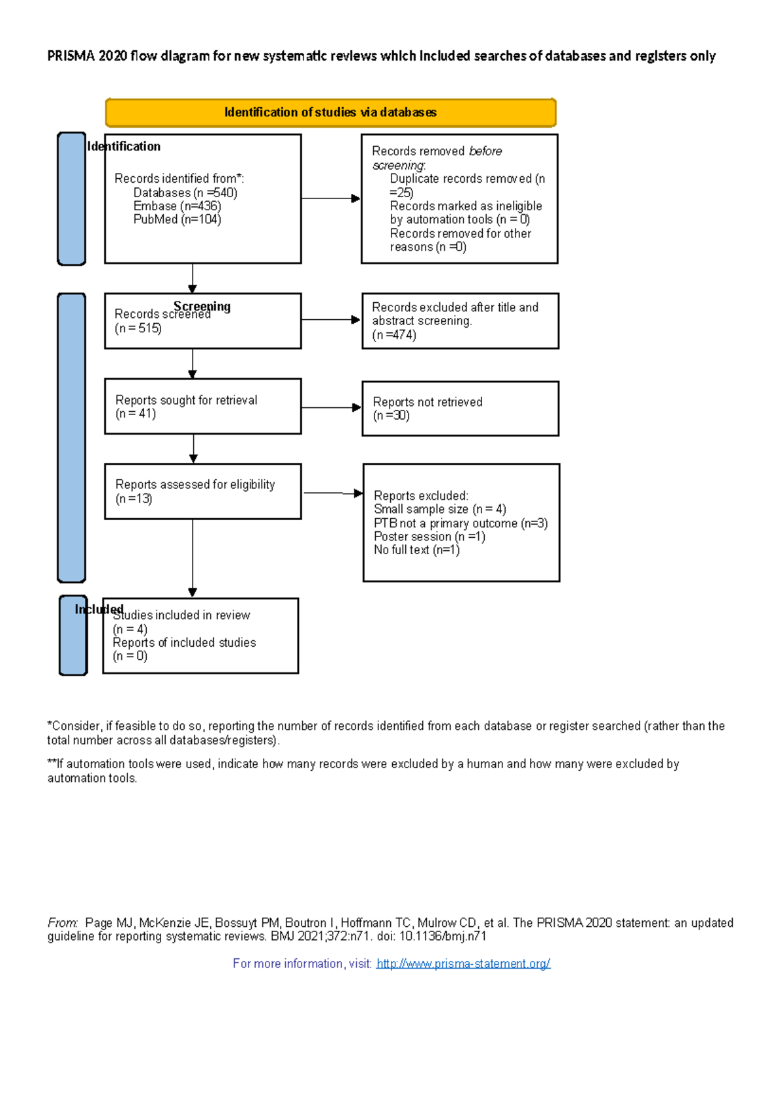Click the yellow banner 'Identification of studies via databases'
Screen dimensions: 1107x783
tap(330, 112)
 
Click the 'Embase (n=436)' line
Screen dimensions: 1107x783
tap(177, 206)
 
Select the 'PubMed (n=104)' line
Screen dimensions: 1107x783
tap(177, 220)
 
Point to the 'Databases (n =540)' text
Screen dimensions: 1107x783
tap(185, 193)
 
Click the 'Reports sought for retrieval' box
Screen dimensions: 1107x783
tap(202, 406)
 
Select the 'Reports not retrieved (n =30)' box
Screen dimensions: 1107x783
tap(460, 409)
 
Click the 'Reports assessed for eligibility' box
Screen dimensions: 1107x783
tap(202, 491)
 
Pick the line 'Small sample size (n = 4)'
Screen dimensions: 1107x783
tap(440, 509)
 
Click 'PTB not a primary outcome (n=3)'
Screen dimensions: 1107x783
tap(461, 523)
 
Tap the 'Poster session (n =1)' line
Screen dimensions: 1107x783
tap(429, 537)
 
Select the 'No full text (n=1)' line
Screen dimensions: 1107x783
tap(416, 550)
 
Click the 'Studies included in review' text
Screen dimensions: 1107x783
tap(181, 616)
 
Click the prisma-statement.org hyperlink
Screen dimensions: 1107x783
tap(463, 964)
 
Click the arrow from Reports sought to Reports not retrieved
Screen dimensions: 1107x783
tap(331, 407)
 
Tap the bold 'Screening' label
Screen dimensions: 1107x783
tap(202, 306)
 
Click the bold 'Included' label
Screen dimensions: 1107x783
tap(99, 609)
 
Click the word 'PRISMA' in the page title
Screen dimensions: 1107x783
tap(71, 56)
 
